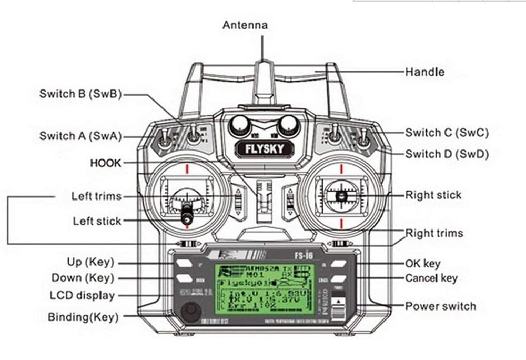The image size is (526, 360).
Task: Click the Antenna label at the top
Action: (x=245, y=25)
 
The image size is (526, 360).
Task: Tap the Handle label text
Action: (x=424, y=72)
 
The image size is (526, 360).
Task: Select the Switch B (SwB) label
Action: (x=80, y=94)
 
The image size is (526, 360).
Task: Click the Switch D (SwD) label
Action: (x=447, y=154)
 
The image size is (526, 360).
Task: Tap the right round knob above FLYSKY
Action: (x=288, y=125)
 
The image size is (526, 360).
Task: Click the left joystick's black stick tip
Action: (x=186, y=217)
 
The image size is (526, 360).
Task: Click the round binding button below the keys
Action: (x=190, y=312)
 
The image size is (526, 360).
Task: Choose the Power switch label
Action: (x=440, y=306)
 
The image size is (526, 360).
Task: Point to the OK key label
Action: (x=422, y=263)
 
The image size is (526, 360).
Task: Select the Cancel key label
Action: (x=431, y=278)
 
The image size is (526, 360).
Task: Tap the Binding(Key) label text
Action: (x=83, y=317)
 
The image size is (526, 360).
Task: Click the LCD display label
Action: (x=82, y=295)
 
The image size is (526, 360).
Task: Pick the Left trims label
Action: (x=96, y=196)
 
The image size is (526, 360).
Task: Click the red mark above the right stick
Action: (x=341, y=168)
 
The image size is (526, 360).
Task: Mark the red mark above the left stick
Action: (x=186, y=168)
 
